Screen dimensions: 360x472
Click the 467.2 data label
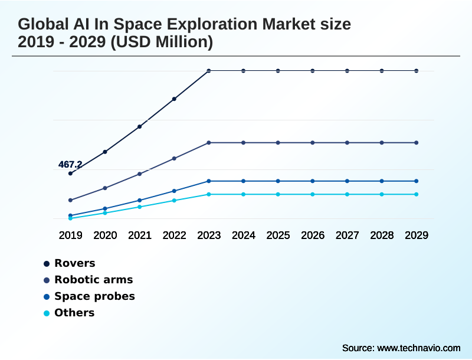[70, 165]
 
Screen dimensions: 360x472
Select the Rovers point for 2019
[70, 174]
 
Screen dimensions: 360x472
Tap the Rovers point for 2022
[174, 99]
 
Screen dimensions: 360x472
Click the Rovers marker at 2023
[209, 71]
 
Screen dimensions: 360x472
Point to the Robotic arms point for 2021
[140, 174]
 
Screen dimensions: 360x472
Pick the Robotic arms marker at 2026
[313, 143]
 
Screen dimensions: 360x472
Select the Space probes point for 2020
[105, 209]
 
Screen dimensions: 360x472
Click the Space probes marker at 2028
[382, 181]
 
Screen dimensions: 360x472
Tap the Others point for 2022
[174, 201]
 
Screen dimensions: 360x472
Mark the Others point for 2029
[417, 194]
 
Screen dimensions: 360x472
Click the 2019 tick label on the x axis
[70, 235]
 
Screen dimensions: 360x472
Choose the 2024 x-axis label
[244, 235]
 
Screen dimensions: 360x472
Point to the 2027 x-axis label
[348, 235]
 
